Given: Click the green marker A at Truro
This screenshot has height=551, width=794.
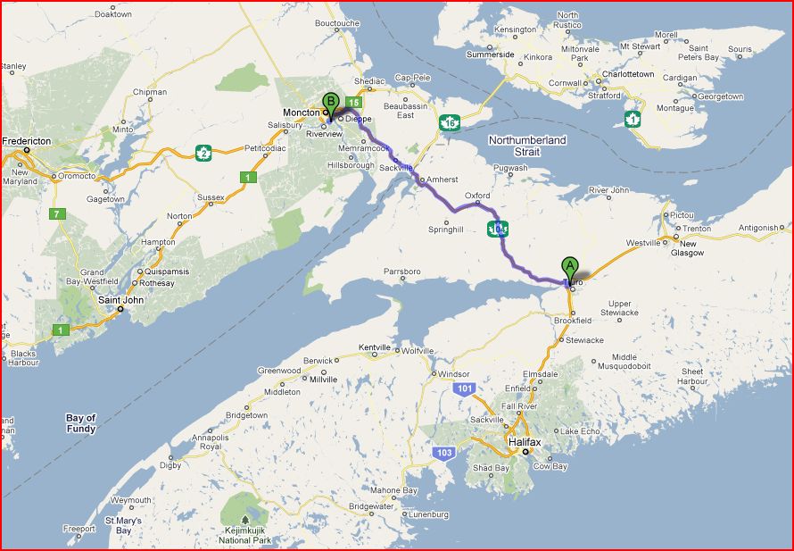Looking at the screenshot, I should click(569, 266).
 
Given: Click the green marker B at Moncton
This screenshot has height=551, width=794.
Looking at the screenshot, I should click(330, 102).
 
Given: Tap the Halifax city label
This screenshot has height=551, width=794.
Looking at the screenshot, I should click(525, 442).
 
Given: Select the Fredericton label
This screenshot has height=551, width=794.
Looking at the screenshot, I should click(27, 141).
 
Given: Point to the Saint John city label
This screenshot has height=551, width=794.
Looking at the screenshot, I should click(121, 300).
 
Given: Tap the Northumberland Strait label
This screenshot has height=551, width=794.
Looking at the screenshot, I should click(527, 146).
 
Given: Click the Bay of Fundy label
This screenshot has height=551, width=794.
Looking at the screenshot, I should click(81, 423).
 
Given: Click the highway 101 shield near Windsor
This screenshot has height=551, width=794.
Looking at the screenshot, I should click(462, 388).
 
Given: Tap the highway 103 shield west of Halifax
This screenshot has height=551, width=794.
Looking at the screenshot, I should click(444, 454).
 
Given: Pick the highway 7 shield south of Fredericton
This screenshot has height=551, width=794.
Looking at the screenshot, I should click(58, 214).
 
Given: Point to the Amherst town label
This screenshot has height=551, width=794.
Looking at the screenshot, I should click(442, 179).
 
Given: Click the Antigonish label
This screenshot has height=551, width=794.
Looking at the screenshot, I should click(758, 228).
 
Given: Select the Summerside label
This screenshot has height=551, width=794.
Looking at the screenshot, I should click(491, 54).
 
